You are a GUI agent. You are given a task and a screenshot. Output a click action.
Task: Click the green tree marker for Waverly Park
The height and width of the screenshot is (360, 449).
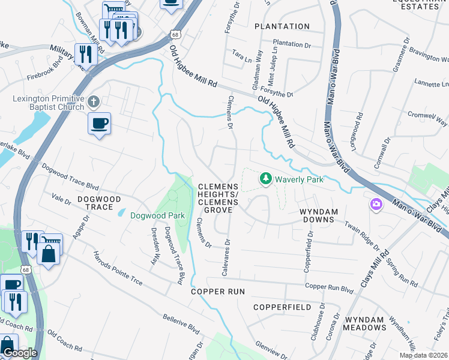click(x=265, y=178)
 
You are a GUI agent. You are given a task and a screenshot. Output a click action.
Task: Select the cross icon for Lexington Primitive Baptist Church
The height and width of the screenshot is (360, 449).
click(x=93, y=101)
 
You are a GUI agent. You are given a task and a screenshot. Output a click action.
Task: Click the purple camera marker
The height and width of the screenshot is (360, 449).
click(x=376, y=205)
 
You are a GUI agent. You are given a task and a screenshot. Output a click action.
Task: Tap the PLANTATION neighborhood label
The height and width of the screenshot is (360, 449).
click(x=282, y=26)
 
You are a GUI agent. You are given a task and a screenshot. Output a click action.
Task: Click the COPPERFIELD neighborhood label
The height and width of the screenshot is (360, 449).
click(x=282, y=307)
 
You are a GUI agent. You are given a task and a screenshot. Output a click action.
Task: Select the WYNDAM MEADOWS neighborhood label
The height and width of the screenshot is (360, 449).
click(x=364, y=323)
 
